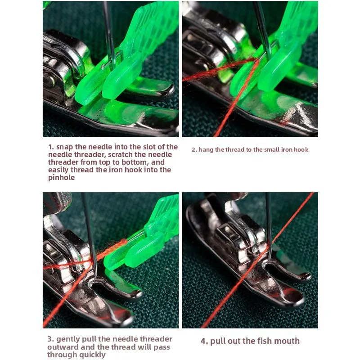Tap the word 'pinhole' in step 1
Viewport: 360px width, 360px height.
[61, 177]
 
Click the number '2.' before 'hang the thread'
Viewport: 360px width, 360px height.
[194, 150]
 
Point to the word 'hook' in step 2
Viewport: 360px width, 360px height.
[301, 150]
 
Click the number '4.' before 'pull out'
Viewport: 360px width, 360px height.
[204, 341]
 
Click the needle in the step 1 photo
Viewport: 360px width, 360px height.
[109, 35]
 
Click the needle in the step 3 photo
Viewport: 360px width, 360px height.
[90, 232]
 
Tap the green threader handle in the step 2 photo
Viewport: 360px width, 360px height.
[296, 25]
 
